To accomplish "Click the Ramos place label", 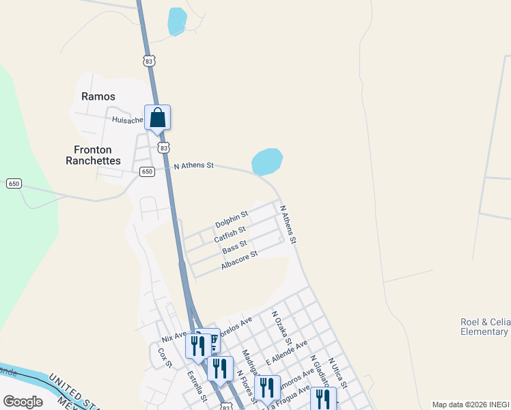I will point(98,96).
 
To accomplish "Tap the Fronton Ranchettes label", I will point(98,155).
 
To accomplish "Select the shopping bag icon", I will point(157,118).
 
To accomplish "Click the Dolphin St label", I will point(232,221).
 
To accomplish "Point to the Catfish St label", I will point(230,234).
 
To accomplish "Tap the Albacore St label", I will point(239,260).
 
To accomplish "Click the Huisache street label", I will point(127,120).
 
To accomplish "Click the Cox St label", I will point(163,357).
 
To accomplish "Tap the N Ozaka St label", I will point(281,329).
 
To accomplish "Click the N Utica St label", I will point(338,373).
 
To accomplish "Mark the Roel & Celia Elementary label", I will point(484,327).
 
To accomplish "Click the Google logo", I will point(23,402).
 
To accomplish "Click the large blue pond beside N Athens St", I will point(267,161).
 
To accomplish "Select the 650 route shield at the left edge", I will point(14,183).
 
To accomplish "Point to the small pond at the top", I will point(177,21).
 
